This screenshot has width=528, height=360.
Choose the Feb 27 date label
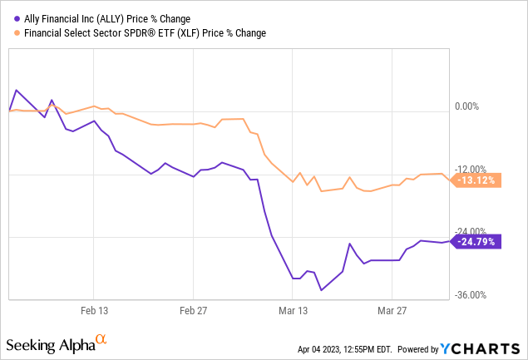point(193,310)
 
